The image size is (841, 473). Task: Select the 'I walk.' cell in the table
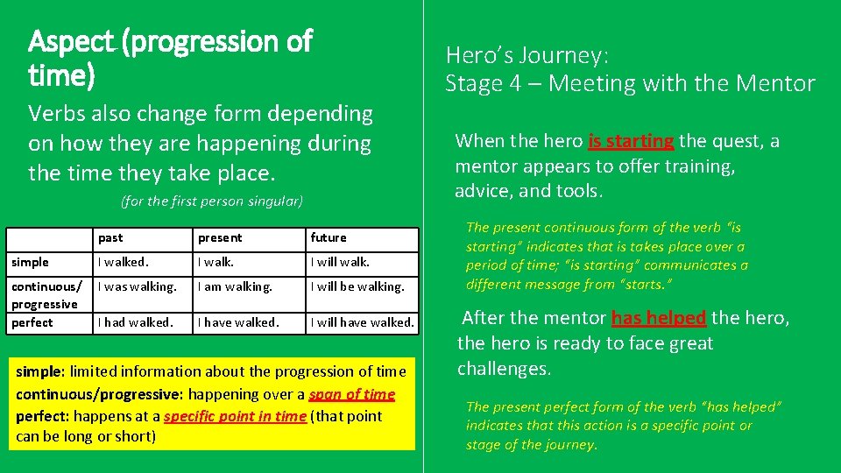[215, 262]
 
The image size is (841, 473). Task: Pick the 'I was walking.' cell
[137, 286]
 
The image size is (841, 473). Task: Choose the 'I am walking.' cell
[235, 286]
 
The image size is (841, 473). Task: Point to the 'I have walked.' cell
[238, 322]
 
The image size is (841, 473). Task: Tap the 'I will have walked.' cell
[362, 322]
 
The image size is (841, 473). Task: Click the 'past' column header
[110, 237]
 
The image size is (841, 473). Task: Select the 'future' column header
[329, 237]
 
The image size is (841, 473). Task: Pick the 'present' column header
[220, 237]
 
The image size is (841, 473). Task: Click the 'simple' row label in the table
[30, 262]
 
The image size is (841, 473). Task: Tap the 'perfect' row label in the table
[32, 322]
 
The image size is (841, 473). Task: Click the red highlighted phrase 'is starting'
[631, 141]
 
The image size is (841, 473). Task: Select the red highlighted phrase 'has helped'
[658, 318]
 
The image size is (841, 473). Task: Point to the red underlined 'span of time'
[351, 395]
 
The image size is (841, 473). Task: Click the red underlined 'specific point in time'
[235, 416]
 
